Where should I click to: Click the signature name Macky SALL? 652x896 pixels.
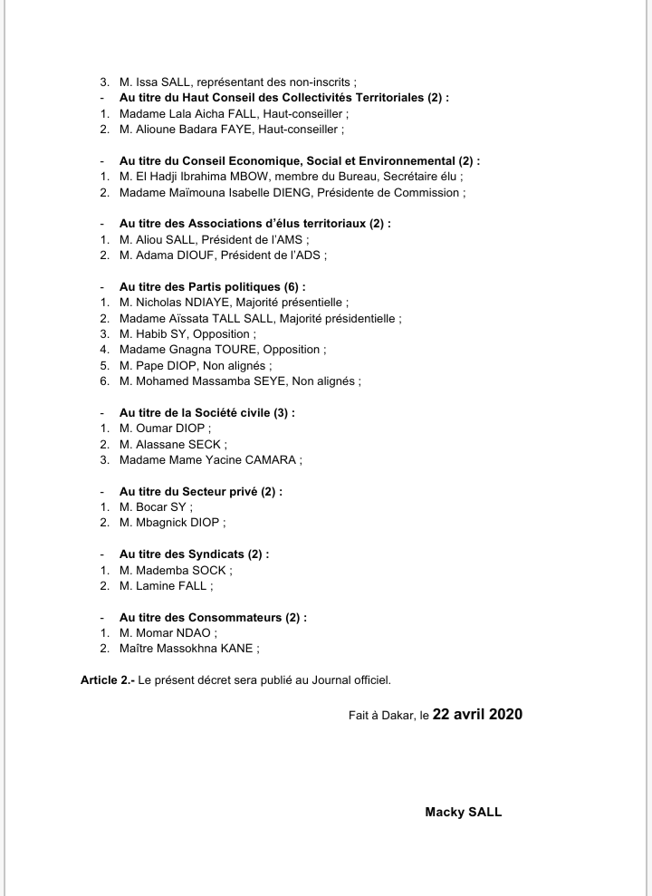click(463, 812)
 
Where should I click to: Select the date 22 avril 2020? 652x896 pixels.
click(477, 714)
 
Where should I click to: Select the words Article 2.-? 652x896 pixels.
click(107, 679)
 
